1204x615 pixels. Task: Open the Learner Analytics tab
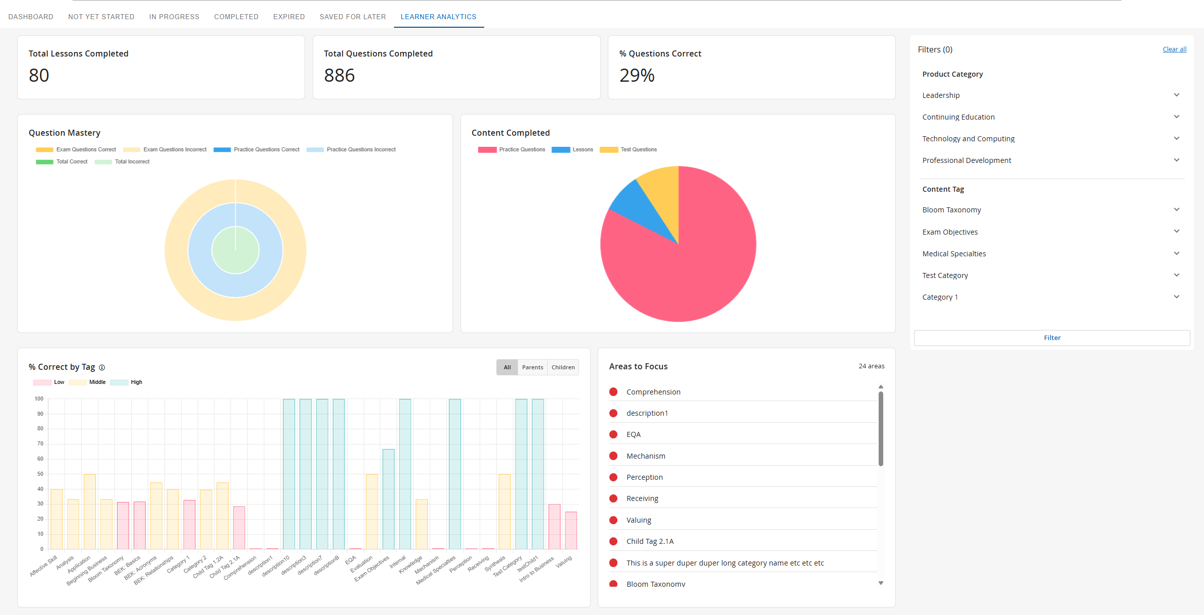[x=438, y=17]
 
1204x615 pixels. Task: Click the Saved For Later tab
[x=353, y=17]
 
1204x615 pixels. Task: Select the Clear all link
[x=1174, y=49]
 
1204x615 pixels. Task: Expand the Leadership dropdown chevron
[x=1176, y=95]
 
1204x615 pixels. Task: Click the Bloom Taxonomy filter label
[x=951, y=210]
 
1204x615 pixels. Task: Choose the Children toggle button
[x=563, y=367]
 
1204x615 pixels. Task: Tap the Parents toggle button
[x=533, y=367]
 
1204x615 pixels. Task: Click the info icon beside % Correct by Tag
[x=102, y=367]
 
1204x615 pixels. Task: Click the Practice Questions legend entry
[x=511, y=149]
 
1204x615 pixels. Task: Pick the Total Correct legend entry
[x=62, y=161]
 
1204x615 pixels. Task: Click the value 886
[x=339, y=75]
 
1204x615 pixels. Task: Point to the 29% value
[x=637, y=75]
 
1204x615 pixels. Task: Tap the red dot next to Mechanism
[x=613, y=456]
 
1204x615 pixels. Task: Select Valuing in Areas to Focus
[x=639, y=520]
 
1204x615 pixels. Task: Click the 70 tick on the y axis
[x=40, y=444]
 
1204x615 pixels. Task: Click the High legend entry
[x=126, y=382]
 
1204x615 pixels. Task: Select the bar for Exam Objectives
[x=388, y=499]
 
